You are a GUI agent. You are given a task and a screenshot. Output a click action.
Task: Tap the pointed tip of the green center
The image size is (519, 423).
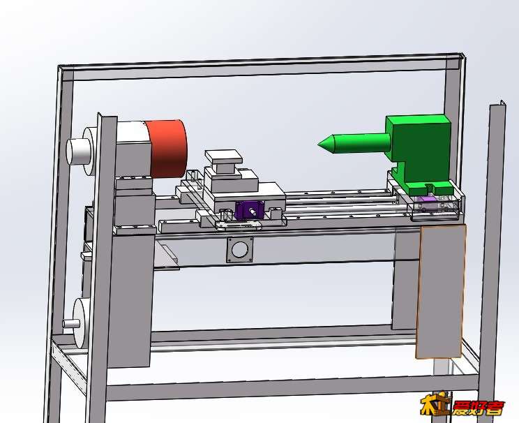coord(319,144)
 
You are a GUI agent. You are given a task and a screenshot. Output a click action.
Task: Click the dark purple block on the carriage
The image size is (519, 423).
coord(250,210)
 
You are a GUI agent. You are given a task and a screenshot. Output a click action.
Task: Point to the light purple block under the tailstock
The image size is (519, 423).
coord(426,201)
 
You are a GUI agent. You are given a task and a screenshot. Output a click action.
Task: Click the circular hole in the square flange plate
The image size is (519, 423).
coord(240,250)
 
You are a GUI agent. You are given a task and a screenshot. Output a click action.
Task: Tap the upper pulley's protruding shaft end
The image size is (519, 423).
coord(78,152)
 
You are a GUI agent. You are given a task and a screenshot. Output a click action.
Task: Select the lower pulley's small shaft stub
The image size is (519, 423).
coord(71,323)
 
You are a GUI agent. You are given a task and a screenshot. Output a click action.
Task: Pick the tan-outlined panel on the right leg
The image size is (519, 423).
coord(440,292)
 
